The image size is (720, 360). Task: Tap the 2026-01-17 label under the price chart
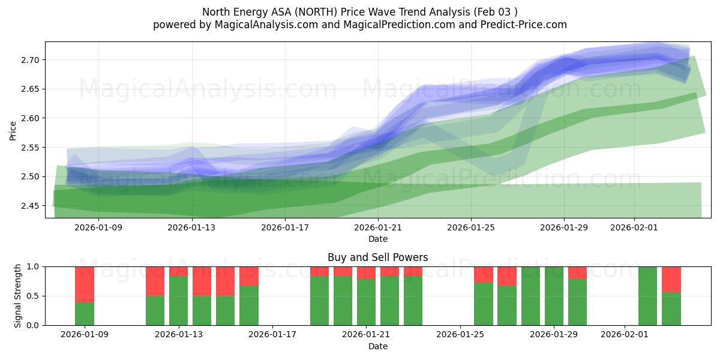[x=285, y=227]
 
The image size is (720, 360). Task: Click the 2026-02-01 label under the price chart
[x=635, y=227]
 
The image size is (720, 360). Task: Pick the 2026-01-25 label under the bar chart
[x=460, y=335]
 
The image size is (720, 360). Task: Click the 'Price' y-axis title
[x=13, y=130]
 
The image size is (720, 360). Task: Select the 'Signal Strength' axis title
[x=18, y=295]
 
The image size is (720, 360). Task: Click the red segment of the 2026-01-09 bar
[x=85, y=284]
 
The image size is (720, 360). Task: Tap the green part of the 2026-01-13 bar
[x=178, y=301]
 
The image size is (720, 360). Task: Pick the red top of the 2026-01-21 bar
[x=366, y=272]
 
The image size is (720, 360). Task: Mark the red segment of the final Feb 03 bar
[x=671, y=279]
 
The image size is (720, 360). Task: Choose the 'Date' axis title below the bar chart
[x=377, y=346]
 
